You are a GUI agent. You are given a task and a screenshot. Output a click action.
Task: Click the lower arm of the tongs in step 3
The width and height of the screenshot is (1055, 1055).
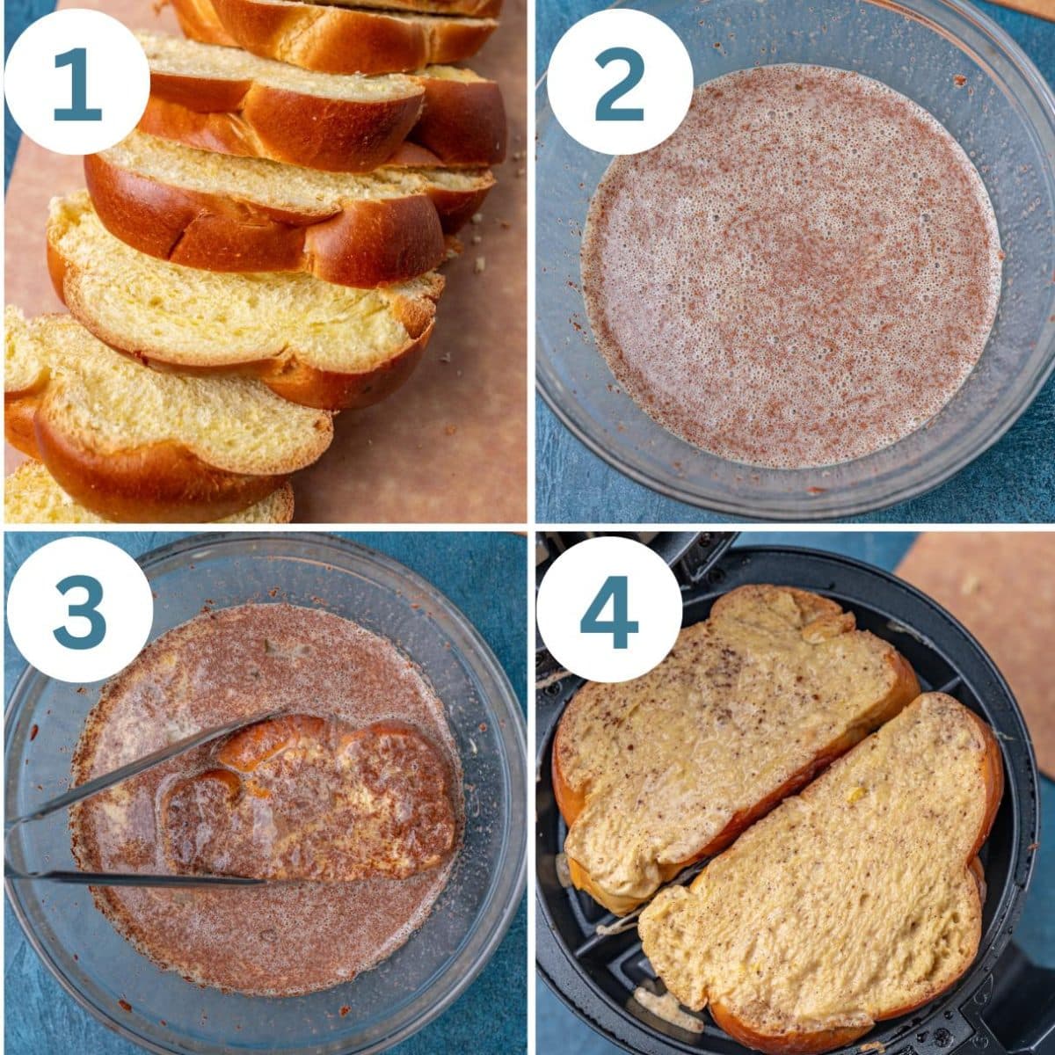coord(132,876)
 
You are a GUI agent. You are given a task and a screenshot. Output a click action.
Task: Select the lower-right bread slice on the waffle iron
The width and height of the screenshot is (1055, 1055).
coord(826,888)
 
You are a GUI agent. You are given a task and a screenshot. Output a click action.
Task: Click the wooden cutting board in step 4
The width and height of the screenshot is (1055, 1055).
coord(985,615)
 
